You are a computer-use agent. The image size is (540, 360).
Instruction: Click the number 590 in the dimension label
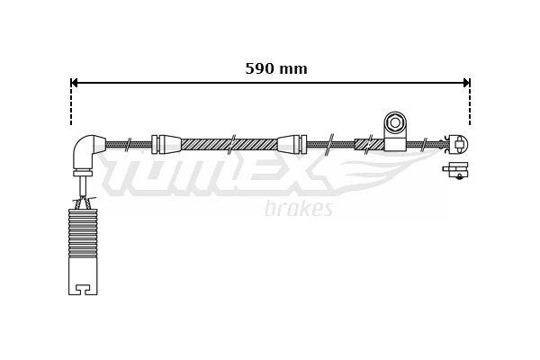(260, 68)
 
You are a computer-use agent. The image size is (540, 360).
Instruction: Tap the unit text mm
(293, 68)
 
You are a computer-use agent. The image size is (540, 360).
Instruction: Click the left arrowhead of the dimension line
(76, 83)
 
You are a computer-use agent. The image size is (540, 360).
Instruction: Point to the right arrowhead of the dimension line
(465, 83)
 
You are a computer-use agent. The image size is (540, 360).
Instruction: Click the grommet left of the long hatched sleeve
(166, 144)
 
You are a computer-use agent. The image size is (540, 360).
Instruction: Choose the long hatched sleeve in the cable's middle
(229, 144)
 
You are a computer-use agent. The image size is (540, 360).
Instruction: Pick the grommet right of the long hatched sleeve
(291, 144)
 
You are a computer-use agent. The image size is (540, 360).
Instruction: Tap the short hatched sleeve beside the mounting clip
(369, 144)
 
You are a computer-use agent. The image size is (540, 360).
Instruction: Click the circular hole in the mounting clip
(395, 121)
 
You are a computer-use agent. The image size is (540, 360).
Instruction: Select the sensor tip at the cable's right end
(458, 143)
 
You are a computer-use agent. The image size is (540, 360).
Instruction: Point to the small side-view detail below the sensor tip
(457, 170)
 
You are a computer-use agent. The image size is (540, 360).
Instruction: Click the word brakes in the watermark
(299, 209)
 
